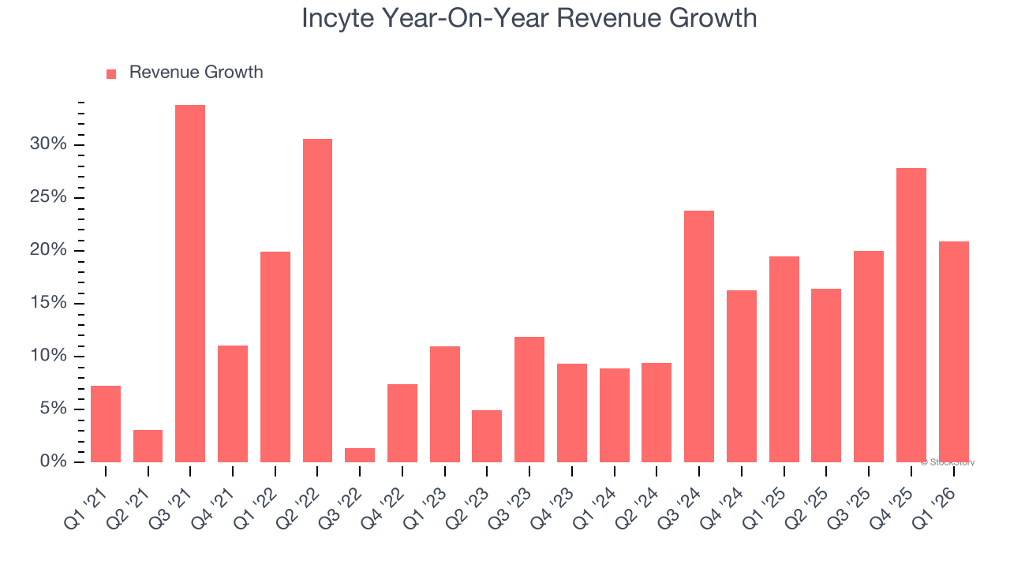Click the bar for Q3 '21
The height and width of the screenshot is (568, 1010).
[190, 284]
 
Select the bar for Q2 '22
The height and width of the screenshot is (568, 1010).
[317, 301]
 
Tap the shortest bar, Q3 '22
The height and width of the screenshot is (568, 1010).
[360, 455]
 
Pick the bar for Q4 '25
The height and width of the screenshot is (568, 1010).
[911, 315]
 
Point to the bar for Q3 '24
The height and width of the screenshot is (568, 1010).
[699, 336]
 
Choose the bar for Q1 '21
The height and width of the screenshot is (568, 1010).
[106, 424]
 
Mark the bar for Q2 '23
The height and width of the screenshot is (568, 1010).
[487, 436]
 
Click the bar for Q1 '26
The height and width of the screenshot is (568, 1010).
[953, 352]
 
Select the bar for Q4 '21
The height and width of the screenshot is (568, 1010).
[233, 404]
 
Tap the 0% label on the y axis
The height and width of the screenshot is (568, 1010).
[54, 461]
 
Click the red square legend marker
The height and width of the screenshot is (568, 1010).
[111, 73]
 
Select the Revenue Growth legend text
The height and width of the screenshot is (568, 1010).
[196, 73]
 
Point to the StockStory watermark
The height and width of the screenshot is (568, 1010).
[948, 462]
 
